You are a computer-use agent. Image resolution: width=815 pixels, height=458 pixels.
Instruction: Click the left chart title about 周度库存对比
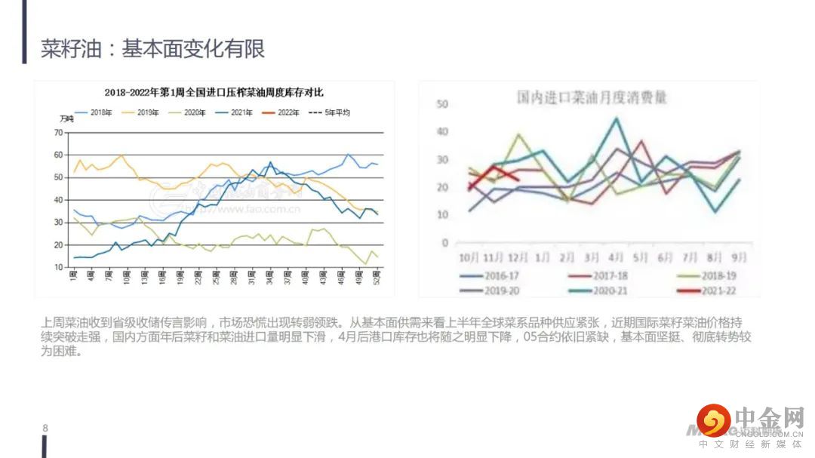click(x=214, y=92)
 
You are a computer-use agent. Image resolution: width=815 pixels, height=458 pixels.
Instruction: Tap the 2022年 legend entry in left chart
click(x=288, y=112)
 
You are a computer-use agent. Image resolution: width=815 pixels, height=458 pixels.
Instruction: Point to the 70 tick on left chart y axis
click(x=58, y=133)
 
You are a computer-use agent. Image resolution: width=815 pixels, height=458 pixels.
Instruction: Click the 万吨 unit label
click(x=66, y=120)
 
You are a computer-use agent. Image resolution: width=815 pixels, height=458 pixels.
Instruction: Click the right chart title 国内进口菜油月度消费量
click(x=592, y=98)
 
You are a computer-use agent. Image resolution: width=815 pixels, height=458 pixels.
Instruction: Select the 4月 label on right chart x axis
click(x=616, y=257)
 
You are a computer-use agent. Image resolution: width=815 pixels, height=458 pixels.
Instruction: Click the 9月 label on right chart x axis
click(x=739, y=257)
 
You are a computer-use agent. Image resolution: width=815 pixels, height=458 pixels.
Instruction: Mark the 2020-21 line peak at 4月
click(x=617, y=118)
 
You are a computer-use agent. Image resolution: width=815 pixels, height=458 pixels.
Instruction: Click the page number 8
click(x=45, y=428)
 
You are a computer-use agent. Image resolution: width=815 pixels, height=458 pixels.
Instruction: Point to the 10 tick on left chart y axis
click(x=58, y=267)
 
